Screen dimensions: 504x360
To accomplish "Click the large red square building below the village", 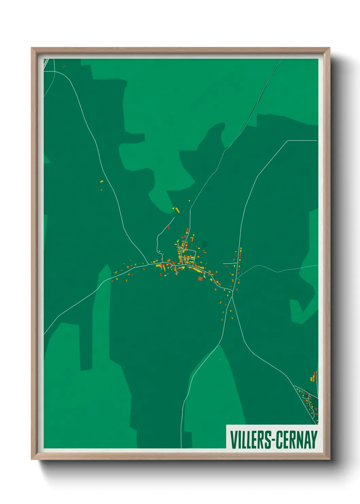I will [x=200, y=279].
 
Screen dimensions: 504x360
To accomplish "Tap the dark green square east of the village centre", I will [x=204, y=244].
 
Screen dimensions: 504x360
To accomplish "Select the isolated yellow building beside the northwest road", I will [x=101, y=182].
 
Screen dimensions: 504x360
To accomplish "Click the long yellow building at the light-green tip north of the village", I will [x=177, y=210].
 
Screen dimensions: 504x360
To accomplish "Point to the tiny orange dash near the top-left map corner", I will [x=64, y=66].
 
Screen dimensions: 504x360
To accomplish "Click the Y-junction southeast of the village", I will [x=233, y=296].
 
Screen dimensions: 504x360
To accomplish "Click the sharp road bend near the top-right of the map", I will [x=288, y=141].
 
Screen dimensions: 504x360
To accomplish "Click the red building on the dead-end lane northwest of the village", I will [x=168, y=227].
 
